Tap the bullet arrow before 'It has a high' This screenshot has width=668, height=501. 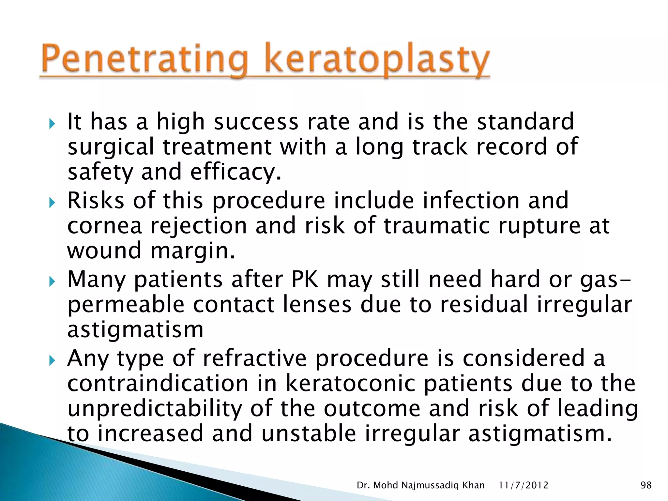point(52,124)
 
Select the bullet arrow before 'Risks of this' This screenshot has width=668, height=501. point(52,203)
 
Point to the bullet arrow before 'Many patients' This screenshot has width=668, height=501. point(52,282)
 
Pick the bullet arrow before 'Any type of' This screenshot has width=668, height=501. point(52,361)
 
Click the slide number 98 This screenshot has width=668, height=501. point(646,485)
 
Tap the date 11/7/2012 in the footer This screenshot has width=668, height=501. point(524,485)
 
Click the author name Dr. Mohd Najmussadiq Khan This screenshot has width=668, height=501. point(420,485)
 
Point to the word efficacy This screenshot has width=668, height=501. point(235,172)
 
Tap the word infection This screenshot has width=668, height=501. point(471,200)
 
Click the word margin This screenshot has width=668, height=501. point(192,251)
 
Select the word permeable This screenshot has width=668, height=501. point(126,305)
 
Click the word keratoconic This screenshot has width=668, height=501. point(350,384)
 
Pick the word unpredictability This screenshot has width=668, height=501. point(155,409)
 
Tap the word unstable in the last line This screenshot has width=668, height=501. point(309,434)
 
